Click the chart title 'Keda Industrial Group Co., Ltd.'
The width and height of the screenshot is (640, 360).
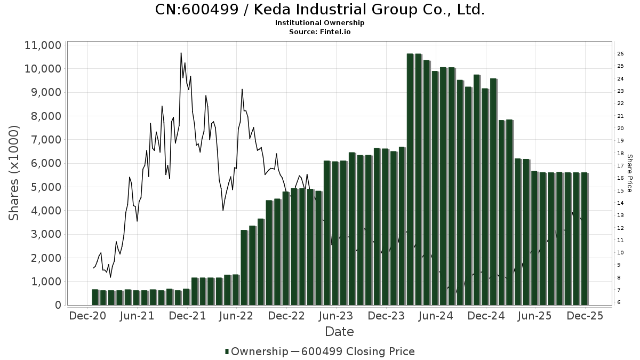click(320, 10)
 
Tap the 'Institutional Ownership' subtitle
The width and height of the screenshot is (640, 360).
click(320, 23)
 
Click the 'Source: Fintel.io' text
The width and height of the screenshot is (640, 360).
click(320, 32)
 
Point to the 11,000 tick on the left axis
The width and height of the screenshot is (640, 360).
click(43, 45)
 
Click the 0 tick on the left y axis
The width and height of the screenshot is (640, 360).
click(58, 305)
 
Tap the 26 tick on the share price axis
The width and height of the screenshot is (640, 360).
click(621, 54)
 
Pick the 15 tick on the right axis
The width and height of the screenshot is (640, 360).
click(621, 190)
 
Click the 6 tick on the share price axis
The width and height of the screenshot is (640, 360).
click(619, 302)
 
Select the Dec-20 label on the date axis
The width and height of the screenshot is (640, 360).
click(88, 316)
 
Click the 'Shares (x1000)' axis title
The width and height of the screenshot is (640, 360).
click(14, 173)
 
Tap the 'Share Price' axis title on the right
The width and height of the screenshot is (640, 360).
click(630, 173)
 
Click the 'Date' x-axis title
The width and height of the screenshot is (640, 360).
click(339, 332)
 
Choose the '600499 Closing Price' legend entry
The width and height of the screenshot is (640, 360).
click(357, 351)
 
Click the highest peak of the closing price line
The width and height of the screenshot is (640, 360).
click(181, 53)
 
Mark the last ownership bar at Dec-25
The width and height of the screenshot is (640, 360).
click(585, 238)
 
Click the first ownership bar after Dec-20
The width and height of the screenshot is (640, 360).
click(95, 297)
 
